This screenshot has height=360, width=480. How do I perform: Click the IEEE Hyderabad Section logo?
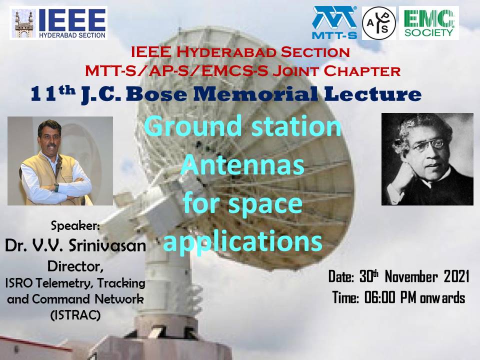58,23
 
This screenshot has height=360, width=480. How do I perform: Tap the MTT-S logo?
334,23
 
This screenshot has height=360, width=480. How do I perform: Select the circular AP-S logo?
378,23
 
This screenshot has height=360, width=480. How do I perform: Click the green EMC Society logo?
428,23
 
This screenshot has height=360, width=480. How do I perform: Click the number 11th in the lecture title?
53,93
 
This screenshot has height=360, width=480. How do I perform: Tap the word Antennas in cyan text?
242,165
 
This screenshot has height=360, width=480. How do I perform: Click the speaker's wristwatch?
56,186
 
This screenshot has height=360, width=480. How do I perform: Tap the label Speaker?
75,225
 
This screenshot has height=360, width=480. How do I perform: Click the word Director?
75,266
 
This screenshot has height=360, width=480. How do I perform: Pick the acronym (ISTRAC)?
75,314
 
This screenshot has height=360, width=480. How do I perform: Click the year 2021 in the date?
456,276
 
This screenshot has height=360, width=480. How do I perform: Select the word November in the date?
411,276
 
